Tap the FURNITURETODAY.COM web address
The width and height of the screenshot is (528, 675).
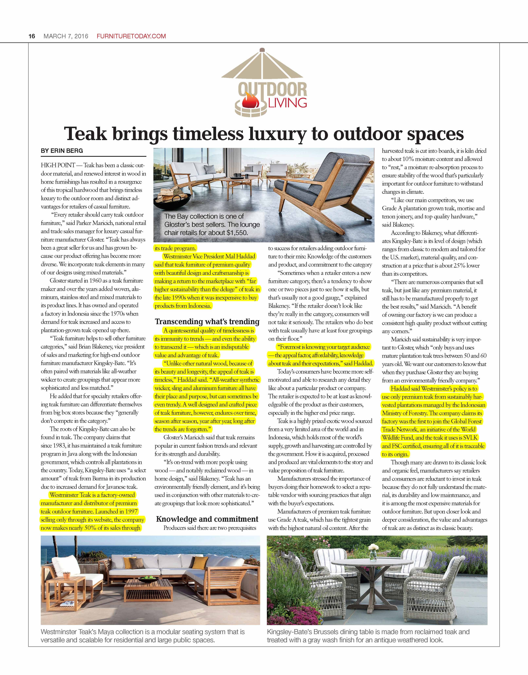131,36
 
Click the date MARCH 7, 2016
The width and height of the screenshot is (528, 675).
66,36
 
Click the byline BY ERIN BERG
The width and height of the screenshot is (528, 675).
62,151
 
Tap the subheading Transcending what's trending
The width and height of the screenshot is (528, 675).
207,322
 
